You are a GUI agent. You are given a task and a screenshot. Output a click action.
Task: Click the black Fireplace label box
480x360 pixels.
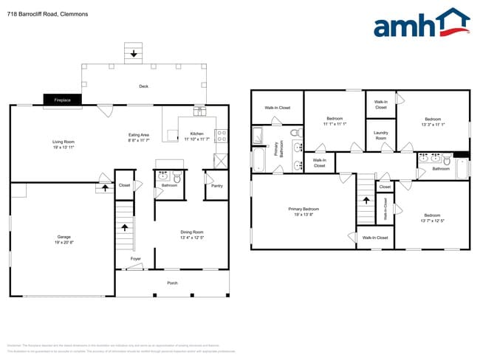[x=62, y=100]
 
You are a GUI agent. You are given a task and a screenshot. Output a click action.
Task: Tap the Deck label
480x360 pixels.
[x=143, y=86]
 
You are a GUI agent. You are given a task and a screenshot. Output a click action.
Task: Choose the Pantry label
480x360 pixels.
[x=216, y=186]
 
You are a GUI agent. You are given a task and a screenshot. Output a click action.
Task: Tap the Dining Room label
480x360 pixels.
[x=191, y=235]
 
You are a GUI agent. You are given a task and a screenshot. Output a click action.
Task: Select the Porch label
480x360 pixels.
[x=172, y=283]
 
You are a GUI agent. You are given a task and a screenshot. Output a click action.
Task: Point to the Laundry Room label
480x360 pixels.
[x=381, y=136]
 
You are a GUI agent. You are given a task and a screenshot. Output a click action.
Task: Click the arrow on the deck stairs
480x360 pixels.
[x=134, y=53]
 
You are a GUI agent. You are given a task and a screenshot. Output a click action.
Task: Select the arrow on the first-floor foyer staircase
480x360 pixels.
[x=124, y=227]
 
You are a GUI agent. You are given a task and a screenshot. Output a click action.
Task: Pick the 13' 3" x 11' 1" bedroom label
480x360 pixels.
[x=432, y=122]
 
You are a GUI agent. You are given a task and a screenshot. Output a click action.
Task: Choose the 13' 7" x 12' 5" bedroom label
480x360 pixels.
[x=432, y=218]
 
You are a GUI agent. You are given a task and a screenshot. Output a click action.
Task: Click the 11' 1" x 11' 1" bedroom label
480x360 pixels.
[x=335, y=121]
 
